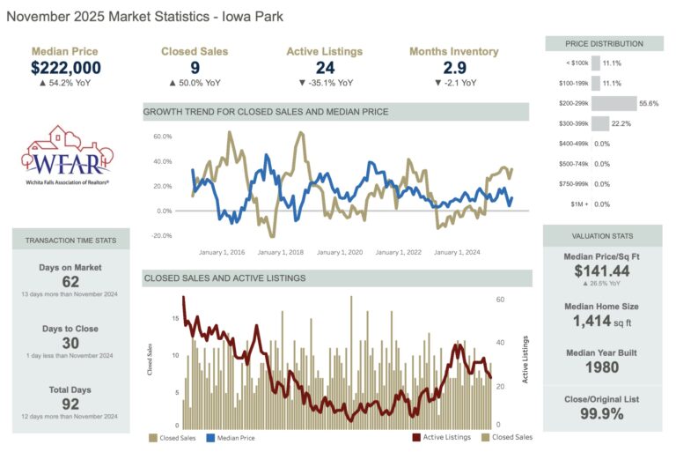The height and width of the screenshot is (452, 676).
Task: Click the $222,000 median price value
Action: point(66,68)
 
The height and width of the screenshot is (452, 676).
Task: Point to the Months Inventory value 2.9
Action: point(453,68)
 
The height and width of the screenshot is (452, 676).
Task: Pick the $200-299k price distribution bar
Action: point(613,103)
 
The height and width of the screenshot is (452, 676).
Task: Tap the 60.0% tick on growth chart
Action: point(161,137)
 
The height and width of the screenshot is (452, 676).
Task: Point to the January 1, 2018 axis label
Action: point(280,252)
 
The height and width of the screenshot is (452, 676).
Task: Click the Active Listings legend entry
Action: point(445,436)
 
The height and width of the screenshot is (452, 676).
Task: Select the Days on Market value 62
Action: point(70,282)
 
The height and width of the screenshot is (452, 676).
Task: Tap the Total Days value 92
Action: point(70,404)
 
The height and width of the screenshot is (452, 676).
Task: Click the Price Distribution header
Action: point(603,43)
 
